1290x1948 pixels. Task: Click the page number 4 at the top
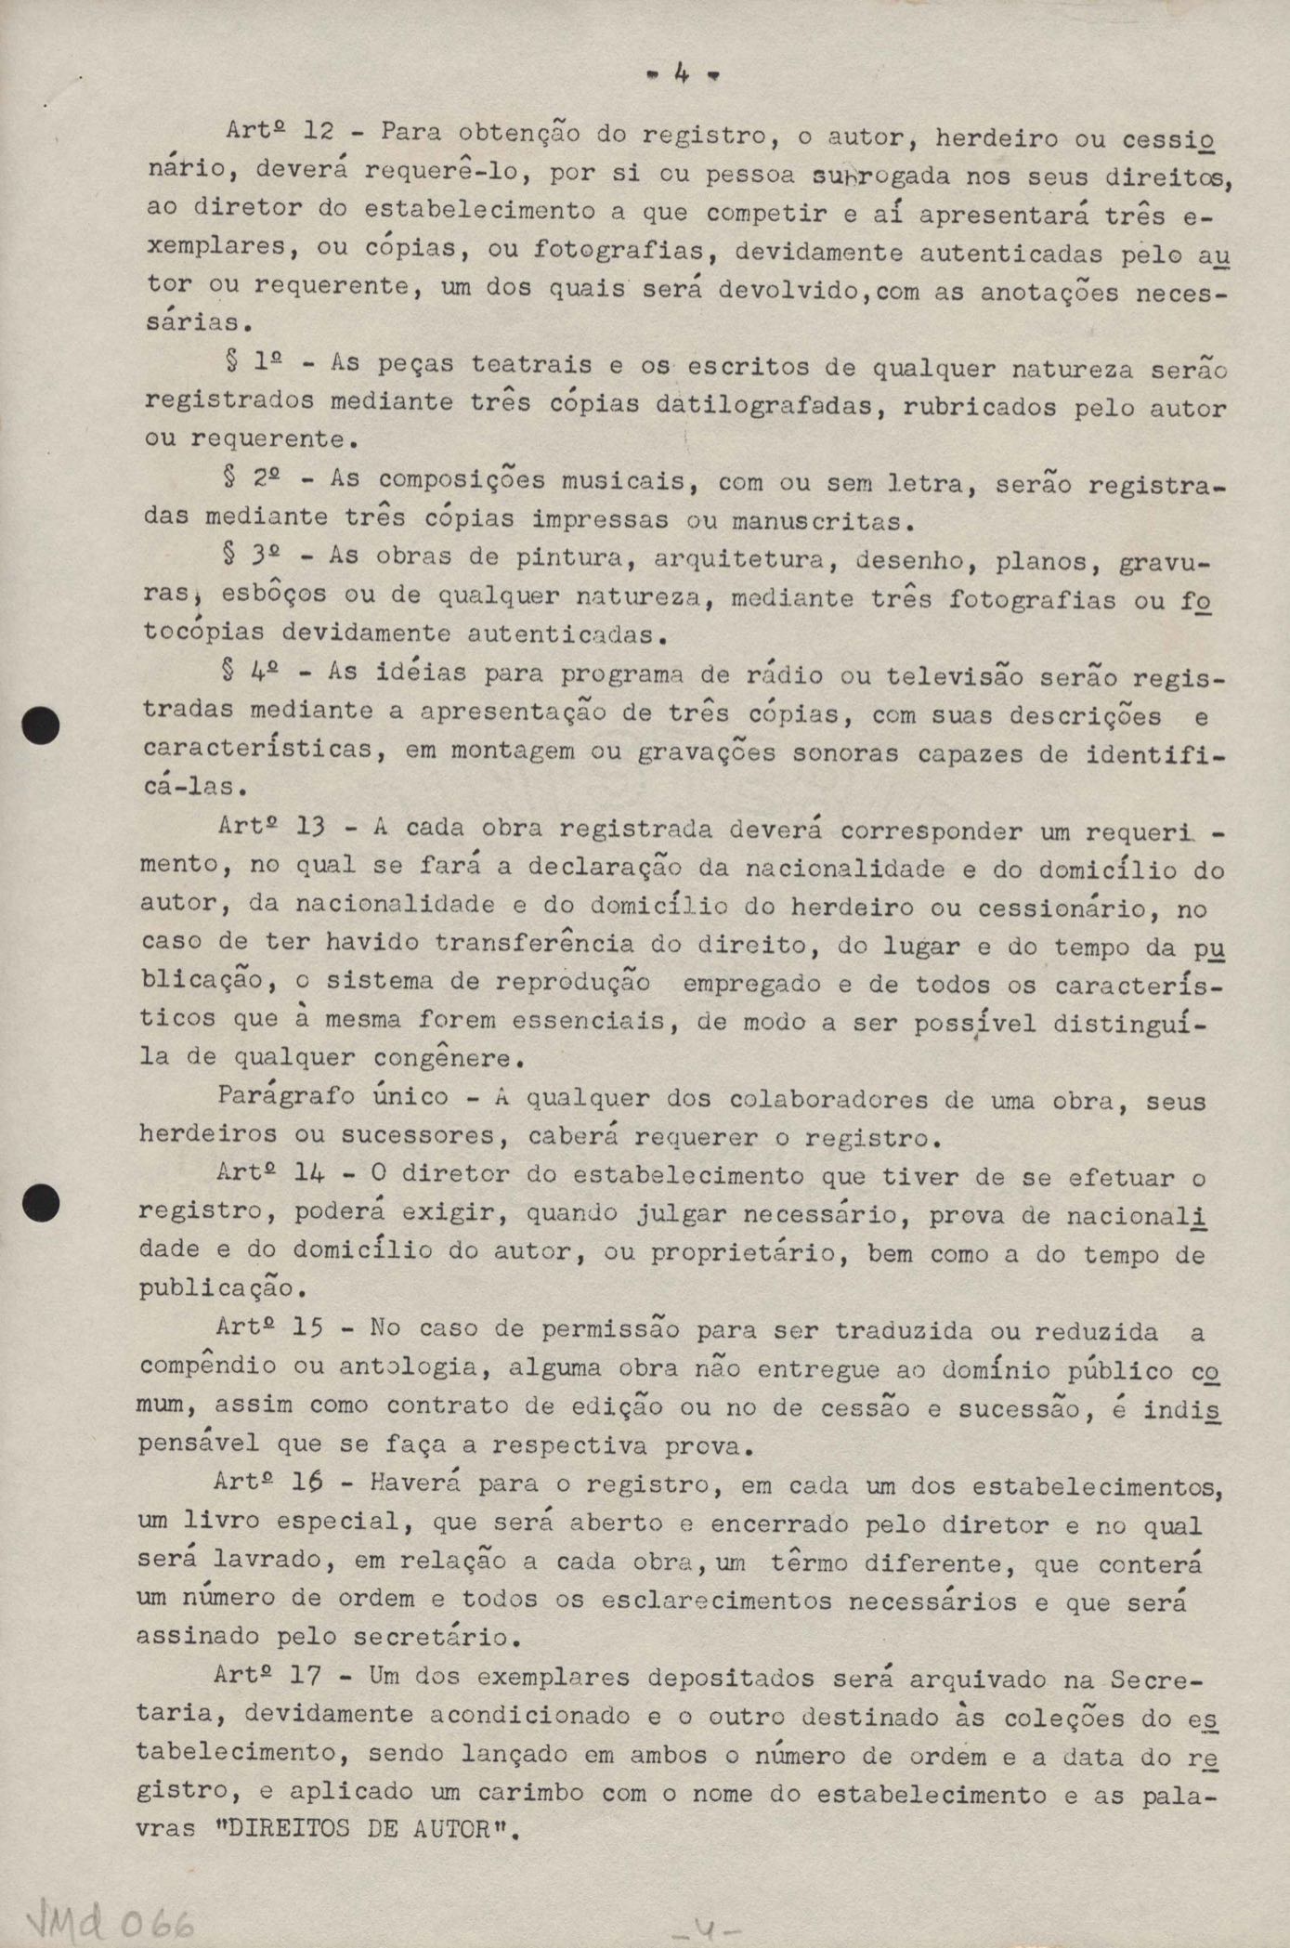pyautogui.click(x=683, y=74)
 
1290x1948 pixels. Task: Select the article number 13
pyautogui.click(x=311, y=826)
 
